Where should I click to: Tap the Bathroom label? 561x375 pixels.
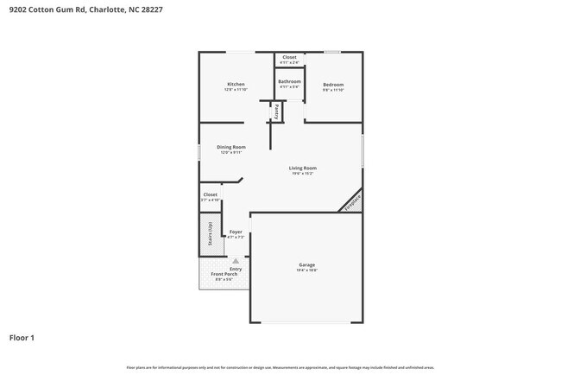click(x=289, y=81)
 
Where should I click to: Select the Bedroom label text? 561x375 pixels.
click(x=333, y=84)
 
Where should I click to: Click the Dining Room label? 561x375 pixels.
click(x=231, y=147)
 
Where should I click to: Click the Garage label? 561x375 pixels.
click(x=306, y=264)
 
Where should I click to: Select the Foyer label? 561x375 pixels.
click(x=236, y=232)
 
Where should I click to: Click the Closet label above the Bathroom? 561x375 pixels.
click(x=289, y=57)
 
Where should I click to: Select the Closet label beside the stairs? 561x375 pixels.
click(x=211, y=195)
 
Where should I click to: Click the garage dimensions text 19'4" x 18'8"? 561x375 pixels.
click(x=306, y=270)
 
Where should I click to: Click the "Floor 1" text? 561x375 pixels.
click(x=22, y=337)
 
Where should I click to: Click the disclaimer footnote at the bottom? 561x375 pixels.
click(x=280, y=367)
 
